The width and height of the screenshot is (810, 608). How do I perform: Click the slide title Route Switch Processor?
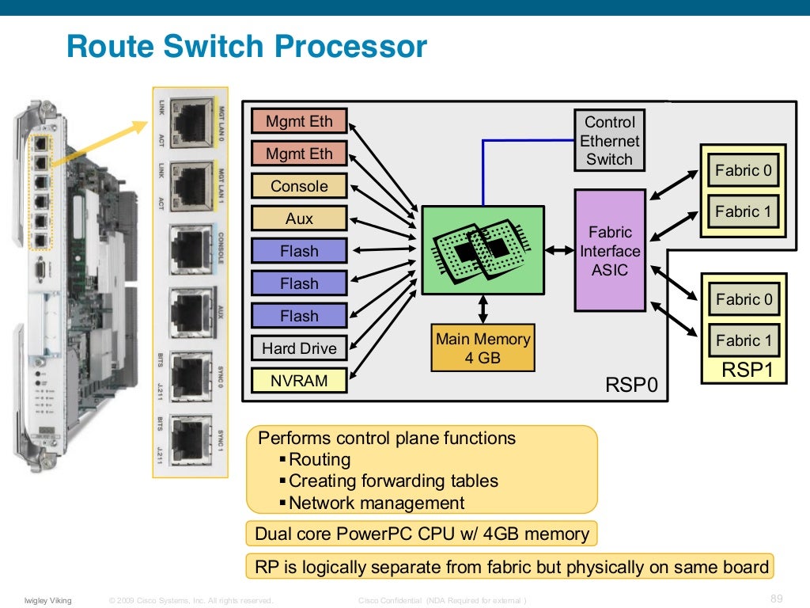click(x=247, y=47)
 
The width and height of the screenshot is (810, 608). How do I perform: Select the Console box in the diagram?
click(x=299, y=186)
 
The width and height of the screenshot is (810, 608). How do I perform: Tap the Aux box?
click(x=299, y=218)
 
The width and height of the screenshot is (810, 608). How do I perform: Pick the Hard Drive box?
click(x=299, y=348)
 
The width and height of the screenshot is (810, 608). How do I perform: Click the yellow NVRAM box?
click(x=299, y=381)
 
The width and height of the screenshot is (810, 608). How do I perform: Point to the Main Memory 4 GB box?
click(x=483, y=348)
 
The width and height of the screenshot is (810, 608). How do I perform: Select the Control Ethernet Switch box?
click(x=609, y=141)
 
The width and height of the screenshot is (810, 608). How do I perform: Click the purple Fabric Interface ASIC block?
click(x=609, y=251)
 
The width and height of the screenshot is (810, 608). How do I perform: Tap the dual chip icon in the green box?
click(x=472, y=249)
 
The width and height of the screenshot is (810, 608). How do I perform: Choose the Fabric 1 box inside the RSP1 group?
click(x=743, y=340)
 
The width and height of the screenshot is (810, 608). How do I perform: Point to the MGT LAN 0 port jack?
click(x=190, y=120)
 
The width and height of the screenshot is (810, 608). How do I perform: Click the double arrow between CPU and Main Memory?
click(x=483, y=309)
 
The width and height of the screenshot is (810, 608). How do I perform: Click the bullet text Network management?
click(x=377, y=503)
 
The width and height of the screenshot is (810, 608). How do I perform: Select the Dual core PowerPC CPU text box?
click(x=422, y=534)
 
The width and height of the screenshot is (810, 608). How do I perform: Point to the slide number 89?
click(x=776, y=598)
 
